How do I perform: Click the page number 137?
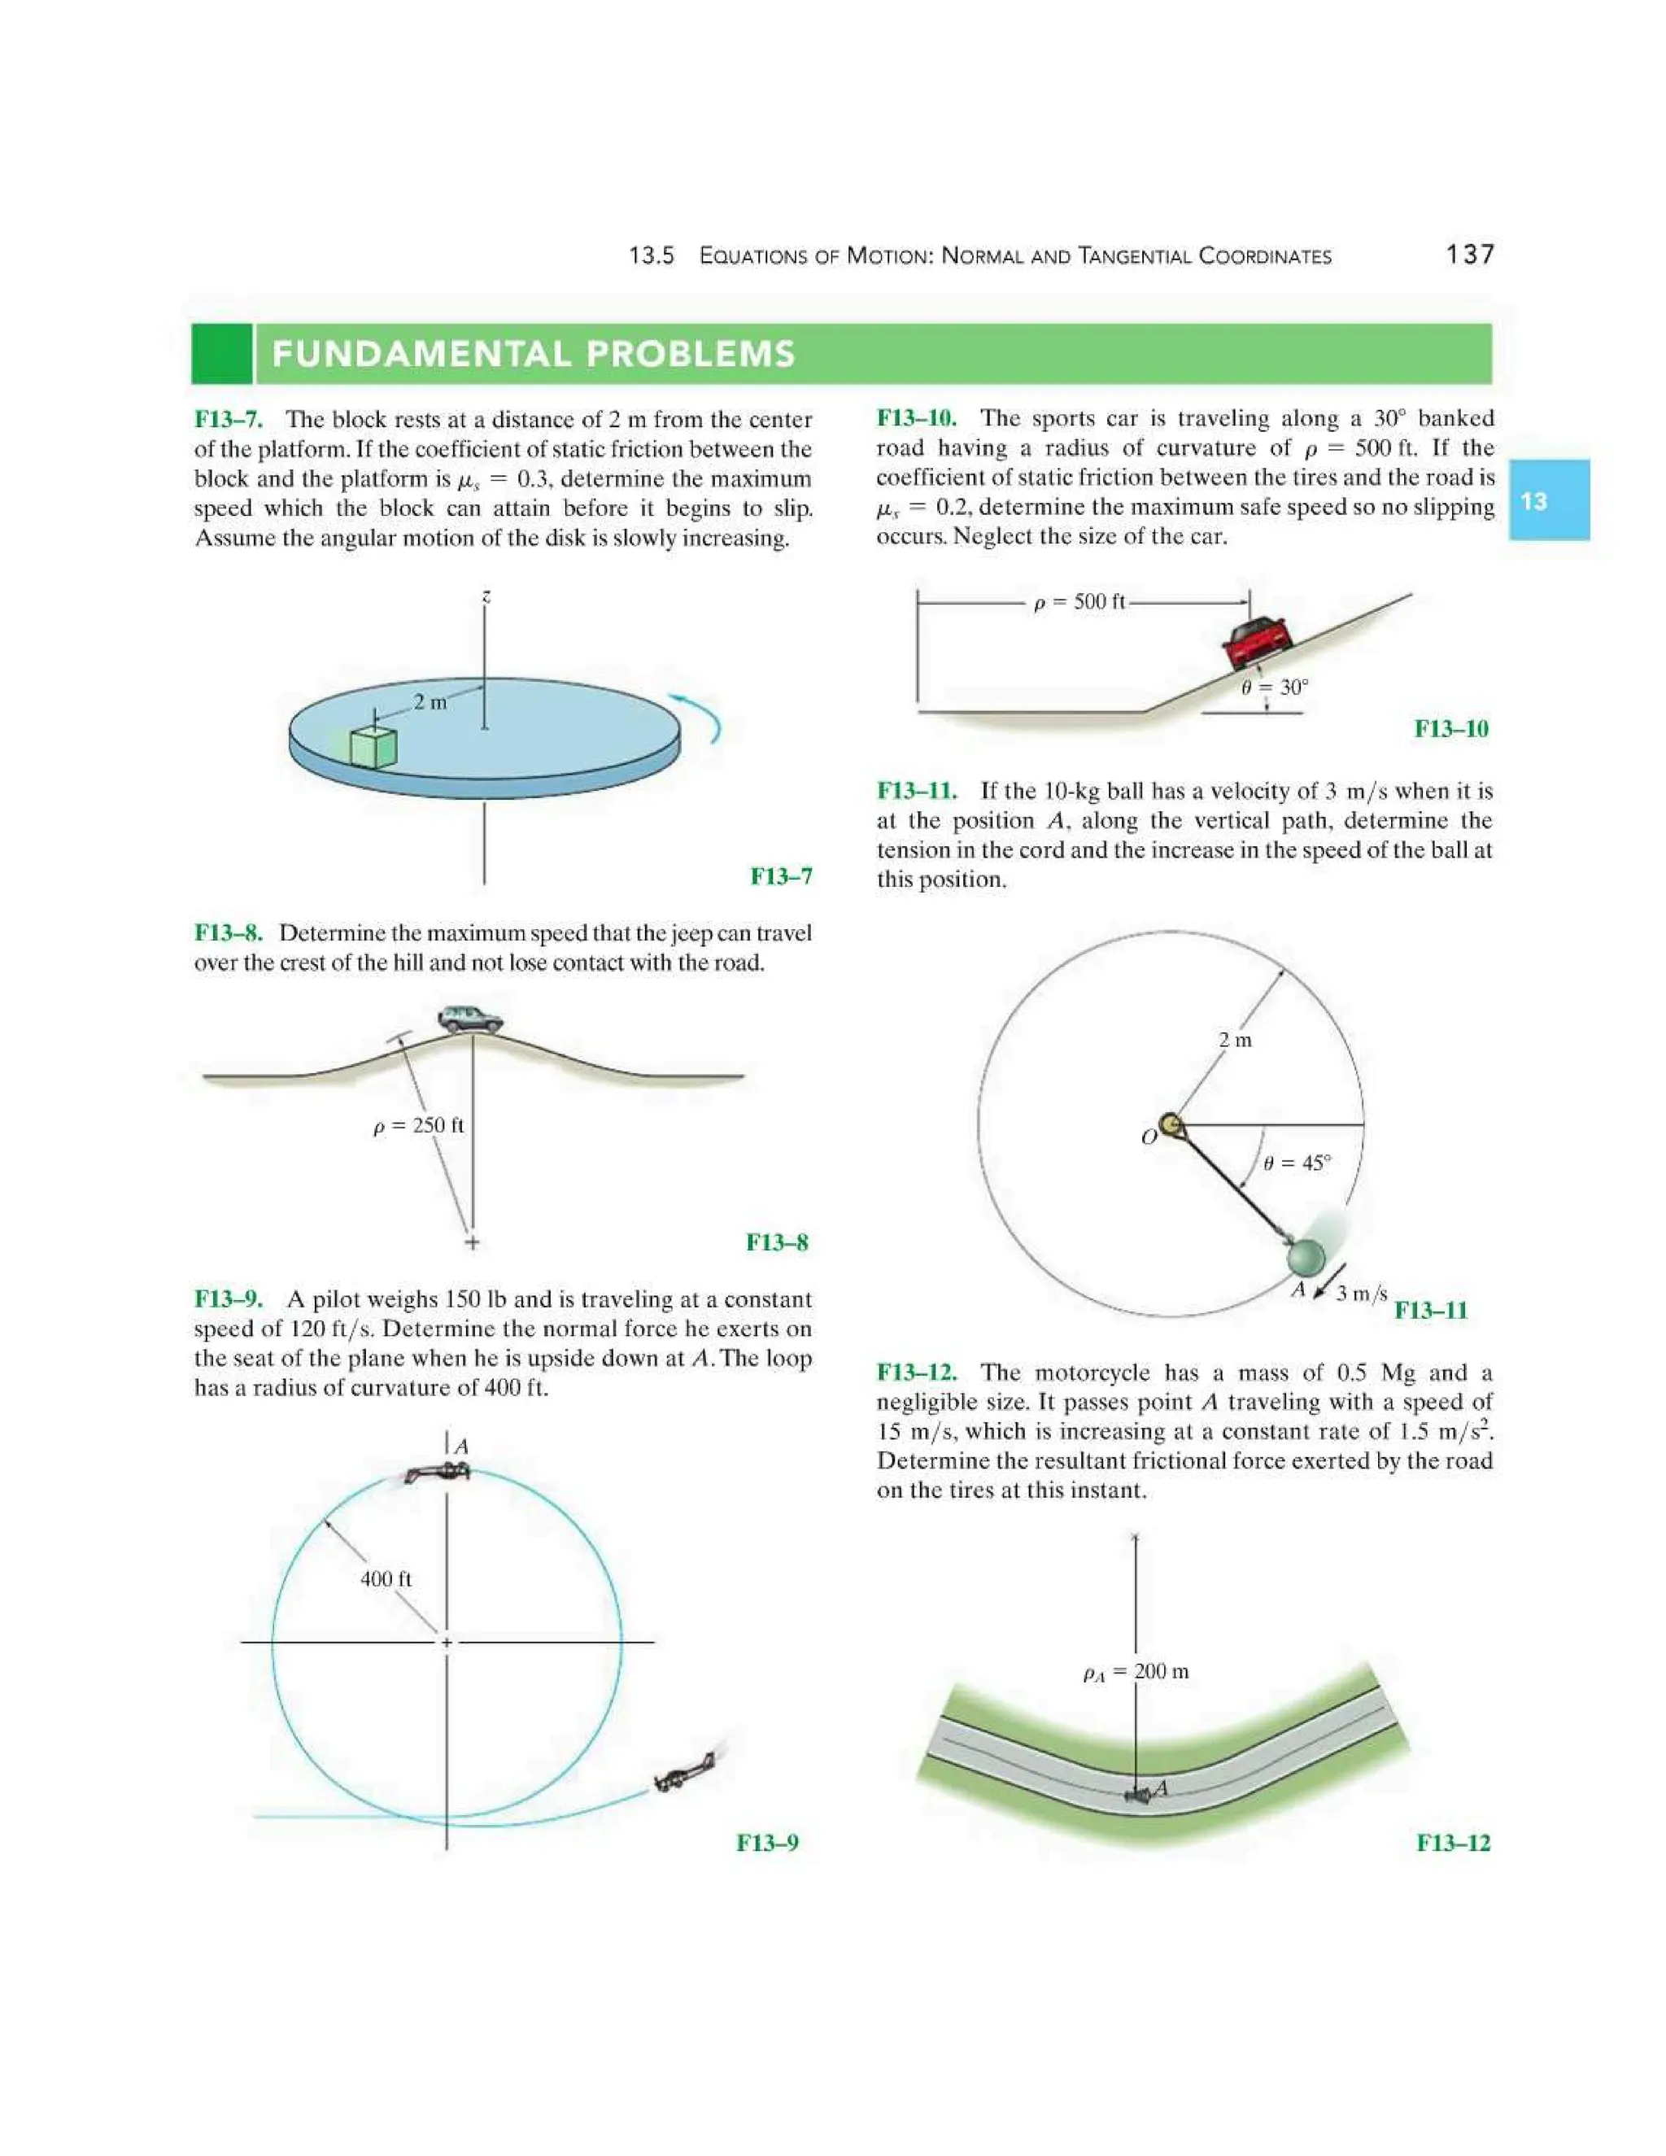click(1470, 255)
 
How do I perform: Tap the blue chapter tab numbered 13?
click(1547, 500)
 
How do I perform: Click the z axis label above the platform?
click(486, 596)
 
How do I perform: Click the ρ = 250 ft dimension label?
click(418, 1125)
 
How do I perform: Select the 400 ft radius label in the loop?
click(386, 1578)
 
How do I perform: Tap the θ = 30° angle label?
click(1274, 687)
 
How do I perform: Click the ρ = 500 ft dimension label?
click(1079, 602)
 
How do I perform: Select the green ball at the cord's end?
click(1306, 1257)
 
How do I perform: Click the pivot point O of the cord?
click(1171, 1124)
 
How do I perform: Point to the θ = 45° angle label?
click(1296, 1163)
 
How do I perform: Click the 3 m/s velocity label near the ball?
click(1361, 1294)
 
